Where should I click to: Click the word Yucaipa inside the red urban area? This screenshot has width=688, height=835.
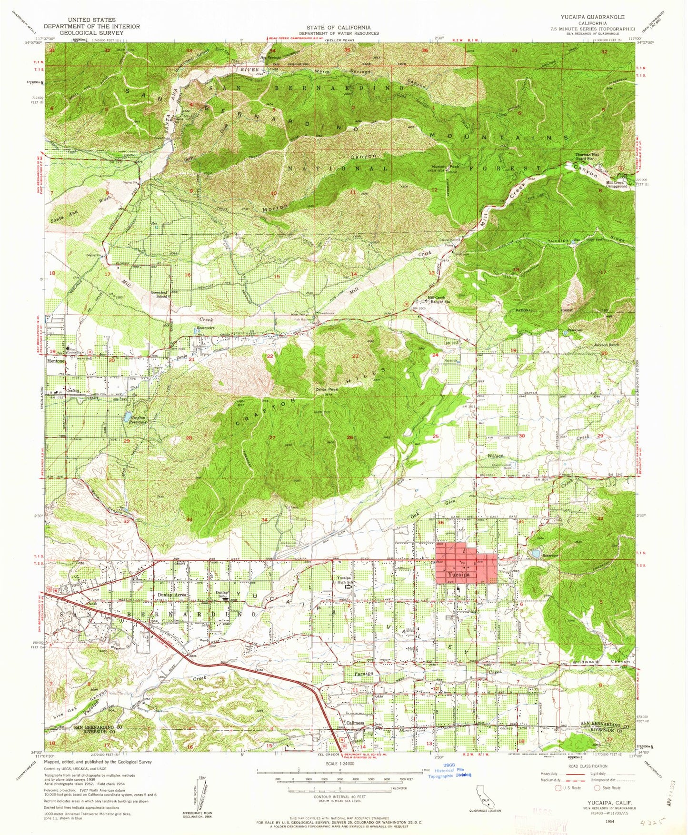(x=459, y=575)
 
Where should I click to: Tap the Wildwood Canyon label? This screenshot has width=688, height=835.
(x=602, y=662)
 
